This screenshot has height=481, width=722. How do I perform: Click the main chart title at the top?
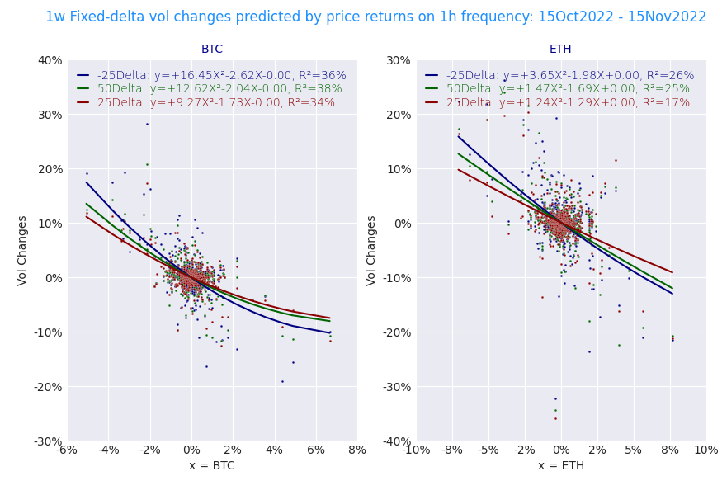point(375,17)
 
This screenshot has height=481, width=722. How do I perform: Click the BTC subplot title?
point(212,50)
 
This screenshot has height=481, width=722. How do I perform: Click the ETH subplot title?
point(560,50)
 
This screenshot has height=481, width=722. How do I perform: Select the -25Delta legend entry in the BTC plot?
point(221,76)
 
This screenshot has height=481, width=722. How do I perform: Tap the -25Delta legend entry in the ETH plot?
point(570,76)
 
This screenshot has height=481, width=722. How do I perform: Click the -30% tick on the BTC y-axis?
point(47,441)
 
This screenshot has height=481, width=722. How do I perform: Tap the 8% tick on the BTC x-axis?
point(357,450)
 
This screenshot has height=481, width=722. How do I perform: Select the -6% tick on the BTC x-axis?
point(67,450)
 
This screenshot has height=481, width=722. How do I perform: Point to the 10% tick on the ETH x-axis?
point(705,450)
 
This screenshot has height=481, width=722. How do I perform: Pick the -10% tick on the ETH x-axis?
point(416,450)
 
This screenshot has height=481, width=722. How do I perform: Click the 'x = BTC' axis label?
point(212,466)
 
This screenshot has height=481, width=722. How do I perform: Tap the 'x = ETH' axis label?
point(560,466)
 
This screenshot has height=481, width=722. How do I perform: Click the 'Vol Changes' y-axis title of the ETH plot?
point(372,250)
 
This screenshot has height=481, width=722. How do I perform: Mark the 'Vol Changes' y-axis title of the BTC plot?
point(23,250)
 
